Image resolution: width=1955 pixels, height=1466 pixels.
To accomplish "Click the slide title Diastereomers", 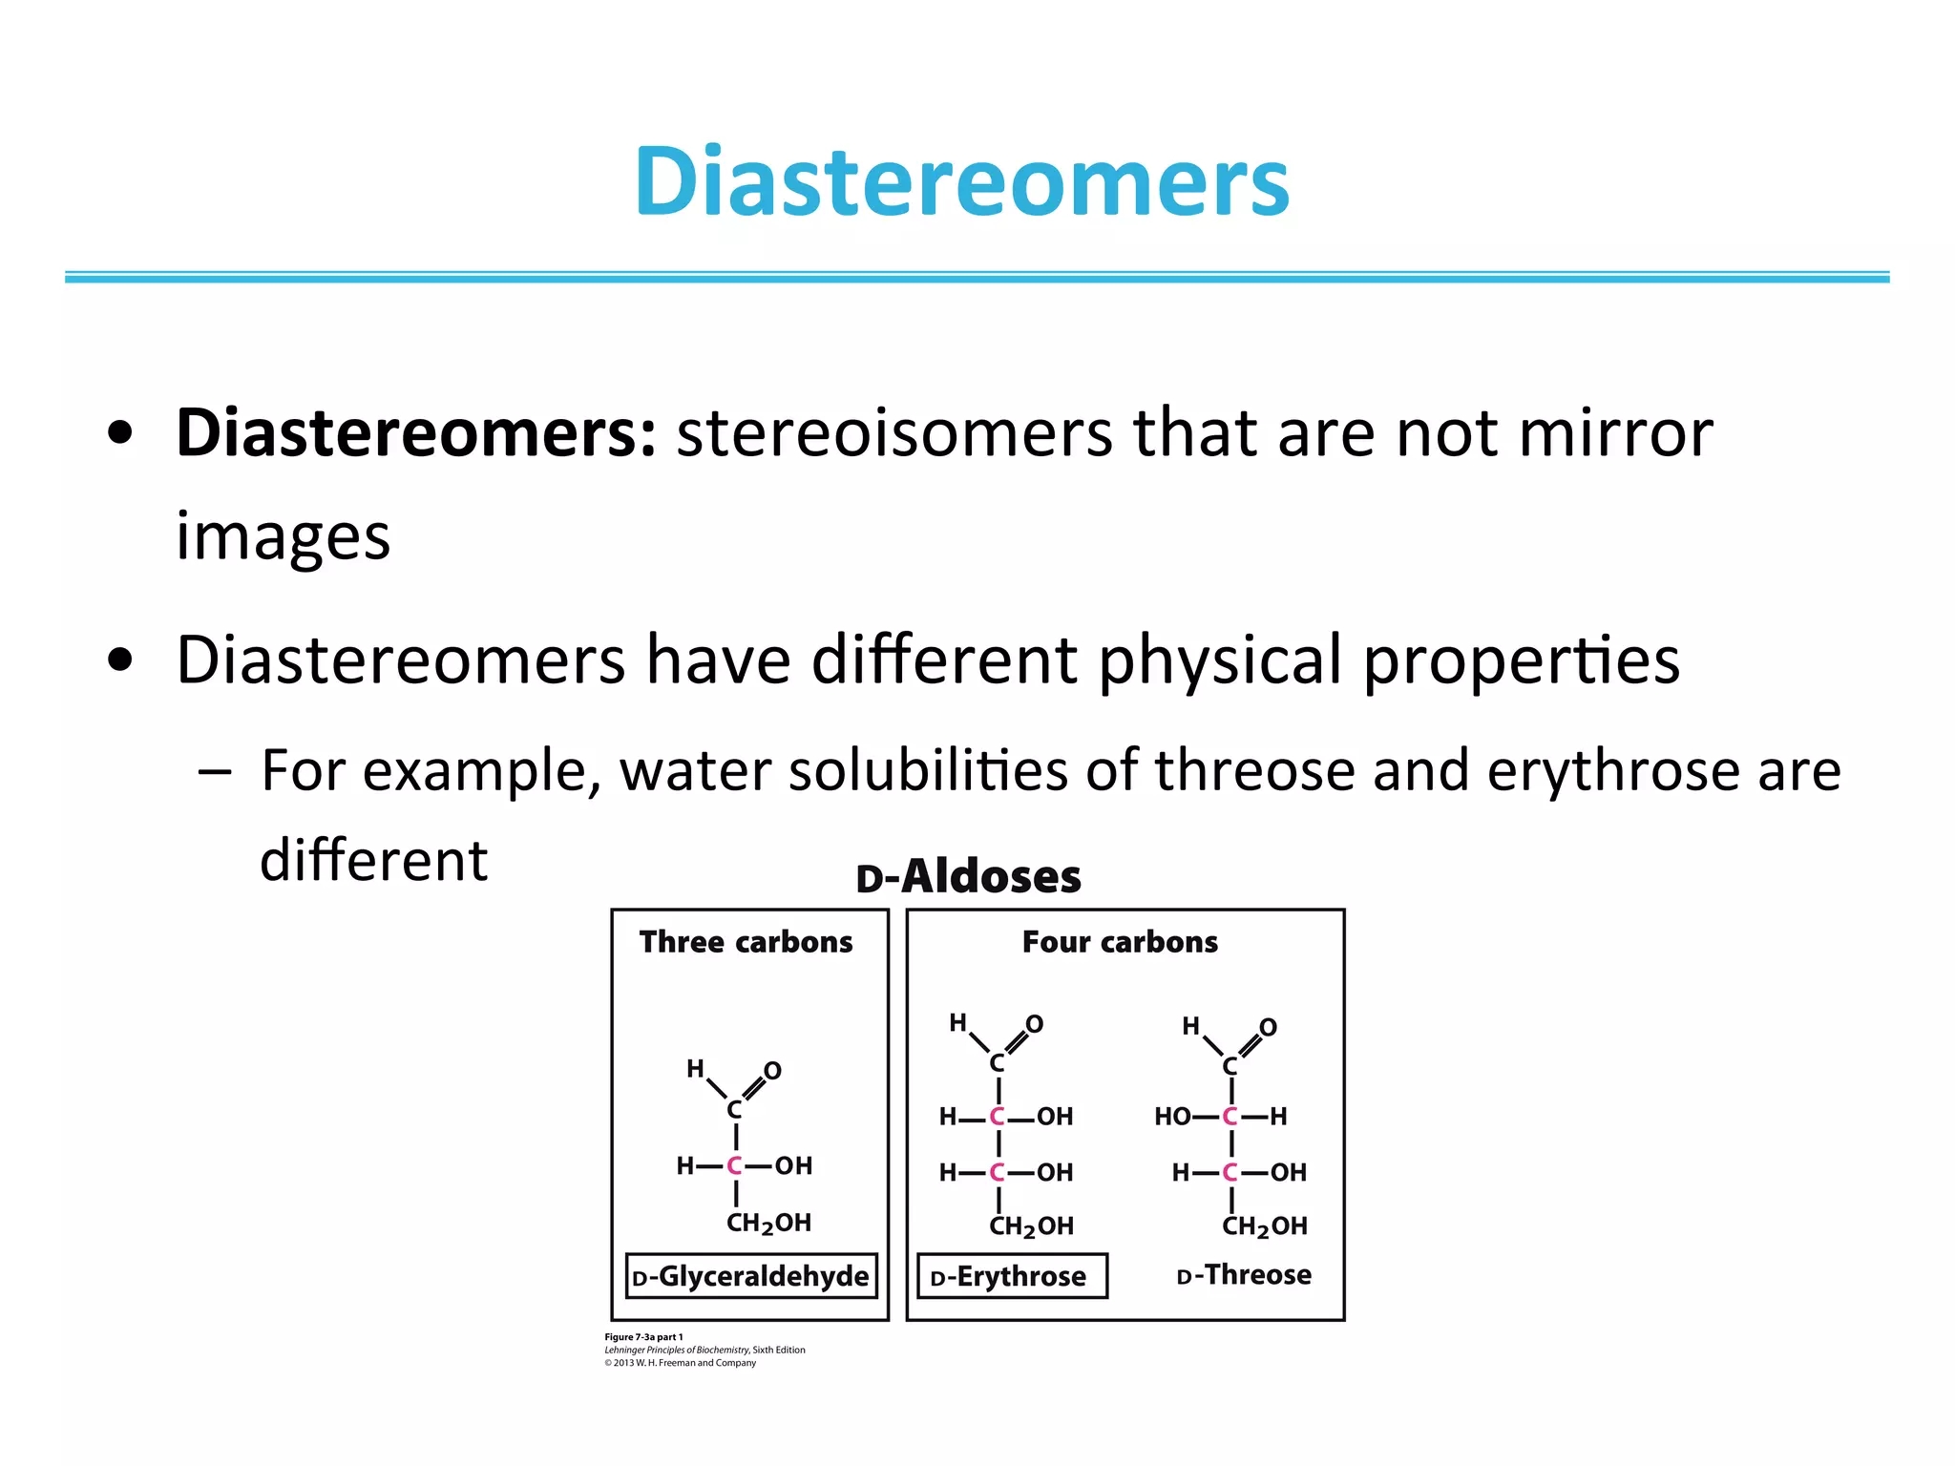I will click(x=961, y=181).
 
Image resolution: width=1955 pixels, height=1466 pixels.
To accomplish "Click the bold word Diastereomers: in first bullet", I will click(x=415, y=434).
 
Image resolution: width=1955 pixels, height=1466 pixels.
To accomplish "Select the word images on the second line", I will click(x=283, y=536).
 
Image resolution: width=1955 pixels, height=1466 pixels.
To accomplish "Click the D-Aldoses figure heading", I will click(x=968, y=877).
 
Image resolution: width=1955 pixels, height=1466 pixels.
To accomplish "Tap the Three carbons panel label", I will click(x=746, y=942).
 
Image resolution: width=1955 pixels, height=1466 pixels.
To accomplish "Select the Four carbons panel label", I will click(x=1120, y=942).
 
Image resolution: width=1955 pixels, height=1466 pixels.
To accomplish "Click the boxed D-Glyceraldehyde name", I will click(x=751, y=1276).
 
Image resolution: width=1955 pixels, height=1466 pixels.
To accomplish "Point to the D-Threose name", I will click(x=1244, y=1275).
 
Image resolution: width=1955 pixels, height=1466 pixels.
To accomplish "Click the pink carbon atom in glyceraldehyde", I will click(x=734, y=1165).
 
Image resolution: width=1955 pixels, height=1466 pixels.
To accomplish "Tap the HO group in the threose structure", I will click(x=1171, y=1117).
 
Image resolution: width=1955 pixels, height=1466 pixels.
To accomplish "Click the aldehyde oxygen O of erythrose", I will click(x=1034, y=1025).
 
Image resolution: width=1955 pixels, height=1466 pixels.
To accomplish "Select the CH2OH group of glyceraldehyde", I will click(x=768, y=1224).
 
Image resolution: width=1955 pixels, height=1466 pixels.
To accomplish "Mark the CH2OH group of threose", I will click(x=1264, y=1226).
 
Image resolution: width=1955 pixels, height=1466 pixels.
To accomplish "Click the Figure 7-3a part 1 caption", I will click(x=643, y=1337).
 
